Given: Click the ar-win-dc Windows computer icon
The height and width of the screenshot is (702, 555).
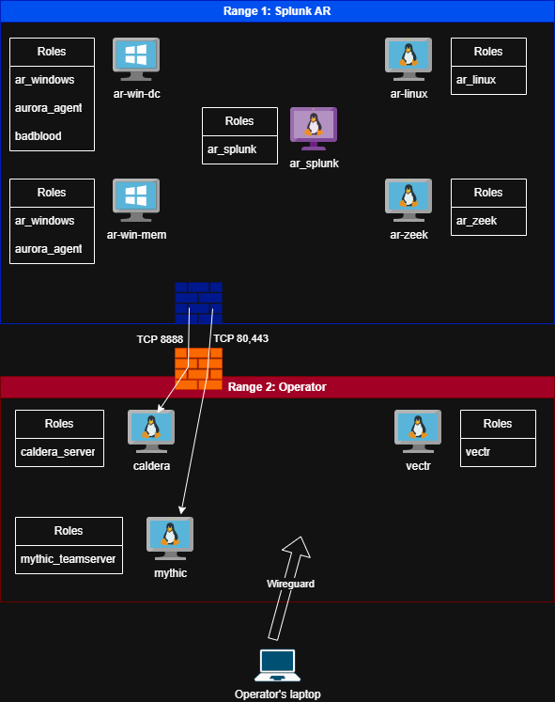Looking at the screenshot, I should click(x=136, y=60).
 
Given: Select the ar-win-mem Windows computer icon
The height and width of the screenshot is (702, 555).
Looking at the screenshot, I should click(x=136, y=201).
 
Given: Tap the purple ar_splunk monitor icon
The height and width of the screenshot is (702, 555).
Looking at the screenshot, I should click(x=314, y=129).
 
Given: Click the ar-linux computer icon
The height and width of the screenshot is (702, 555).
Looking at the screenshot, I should click(x=409, y=60).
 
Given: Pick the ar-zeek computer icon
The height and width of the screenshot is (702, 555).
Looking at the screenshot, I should click(x=409, y=201).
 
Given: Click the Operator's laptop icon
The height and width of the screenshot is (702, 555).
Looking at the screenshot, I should click(x=277, y=665).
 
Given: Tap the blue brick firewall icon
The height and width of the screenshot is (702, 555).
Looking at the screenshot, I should click(x=199, y=304).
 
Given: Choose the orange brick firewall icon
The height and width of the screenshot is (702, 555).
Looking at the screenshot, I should click(x=199, y=368).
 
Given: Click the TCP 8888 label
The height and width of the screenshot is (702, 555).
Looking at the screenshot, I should click(x=160, y=338).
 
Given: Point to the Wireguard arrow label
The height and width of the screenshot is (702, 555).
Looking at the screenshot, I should click(x=290, y=584).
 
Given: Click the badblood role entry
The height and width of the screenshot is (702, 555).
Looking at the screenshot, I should click(x=39, y=136).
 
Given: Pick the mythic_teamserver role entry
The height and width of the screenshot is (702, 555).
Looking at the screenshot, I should click(x=69, y=559).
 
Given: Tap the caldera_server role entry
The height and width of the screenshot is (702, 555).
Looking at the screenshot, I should click(x=57, y=452).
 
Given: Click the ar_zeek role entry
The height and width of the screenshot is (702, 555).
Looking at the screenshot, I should click(x=477, y=221).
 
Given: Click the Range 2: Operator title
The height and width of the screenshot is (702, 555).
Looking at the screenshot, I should click(x=277, y=386).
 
